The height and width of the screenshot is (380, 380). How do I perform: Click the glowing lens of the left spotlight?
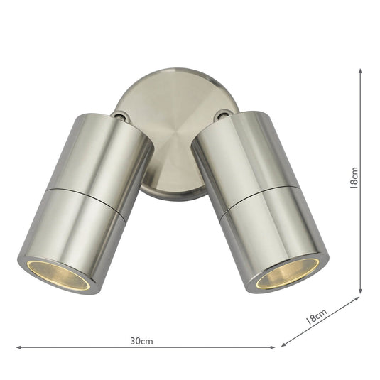(x=54, y=274)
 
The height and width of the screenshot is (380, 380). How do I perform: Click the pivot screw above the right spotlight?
(x=224, y=114)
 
